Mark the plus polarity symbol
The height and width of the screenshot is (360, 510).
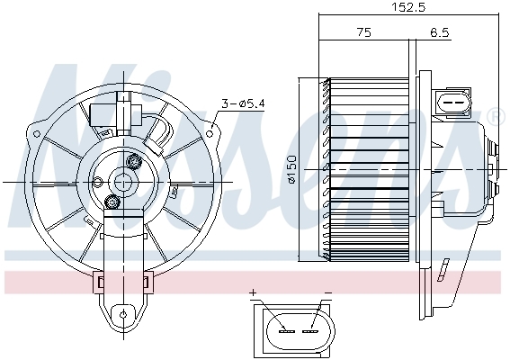254,292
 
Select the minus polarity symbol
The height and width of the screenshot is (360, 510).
327,292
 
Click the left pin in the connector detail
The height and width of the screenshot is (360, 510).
287,330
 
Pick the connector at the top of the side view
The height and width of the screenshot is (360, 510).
455,102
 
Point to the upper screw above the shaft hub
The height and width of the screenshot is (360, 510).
136,162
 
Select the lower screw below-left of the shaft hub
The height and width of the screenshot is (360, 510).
112,202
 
